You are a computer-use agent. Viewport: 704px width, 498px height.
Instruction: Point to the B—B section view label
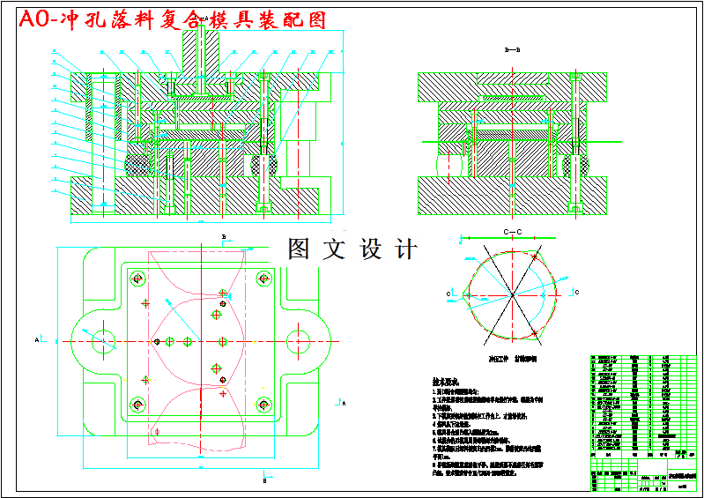click(512, 50)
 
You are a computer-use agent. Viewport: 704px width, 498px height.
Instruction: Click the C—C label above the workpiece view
click(513, 232)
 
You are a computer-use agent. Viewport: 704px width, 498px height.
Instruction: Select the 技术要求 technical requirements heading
click(448, 383)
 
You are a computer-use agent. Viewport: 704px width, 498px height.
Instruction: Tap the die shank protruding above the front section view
click(201, 53)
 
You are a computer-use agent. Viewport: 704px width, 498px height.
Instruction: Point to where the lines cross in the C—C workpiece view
click(512, 293)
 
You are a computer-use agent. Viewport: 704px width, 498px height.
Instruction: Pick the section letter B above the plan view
click(225, 236)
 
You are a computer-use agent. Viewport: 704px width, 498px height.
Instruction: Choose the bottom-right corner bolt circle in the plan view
click(263, 404)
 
